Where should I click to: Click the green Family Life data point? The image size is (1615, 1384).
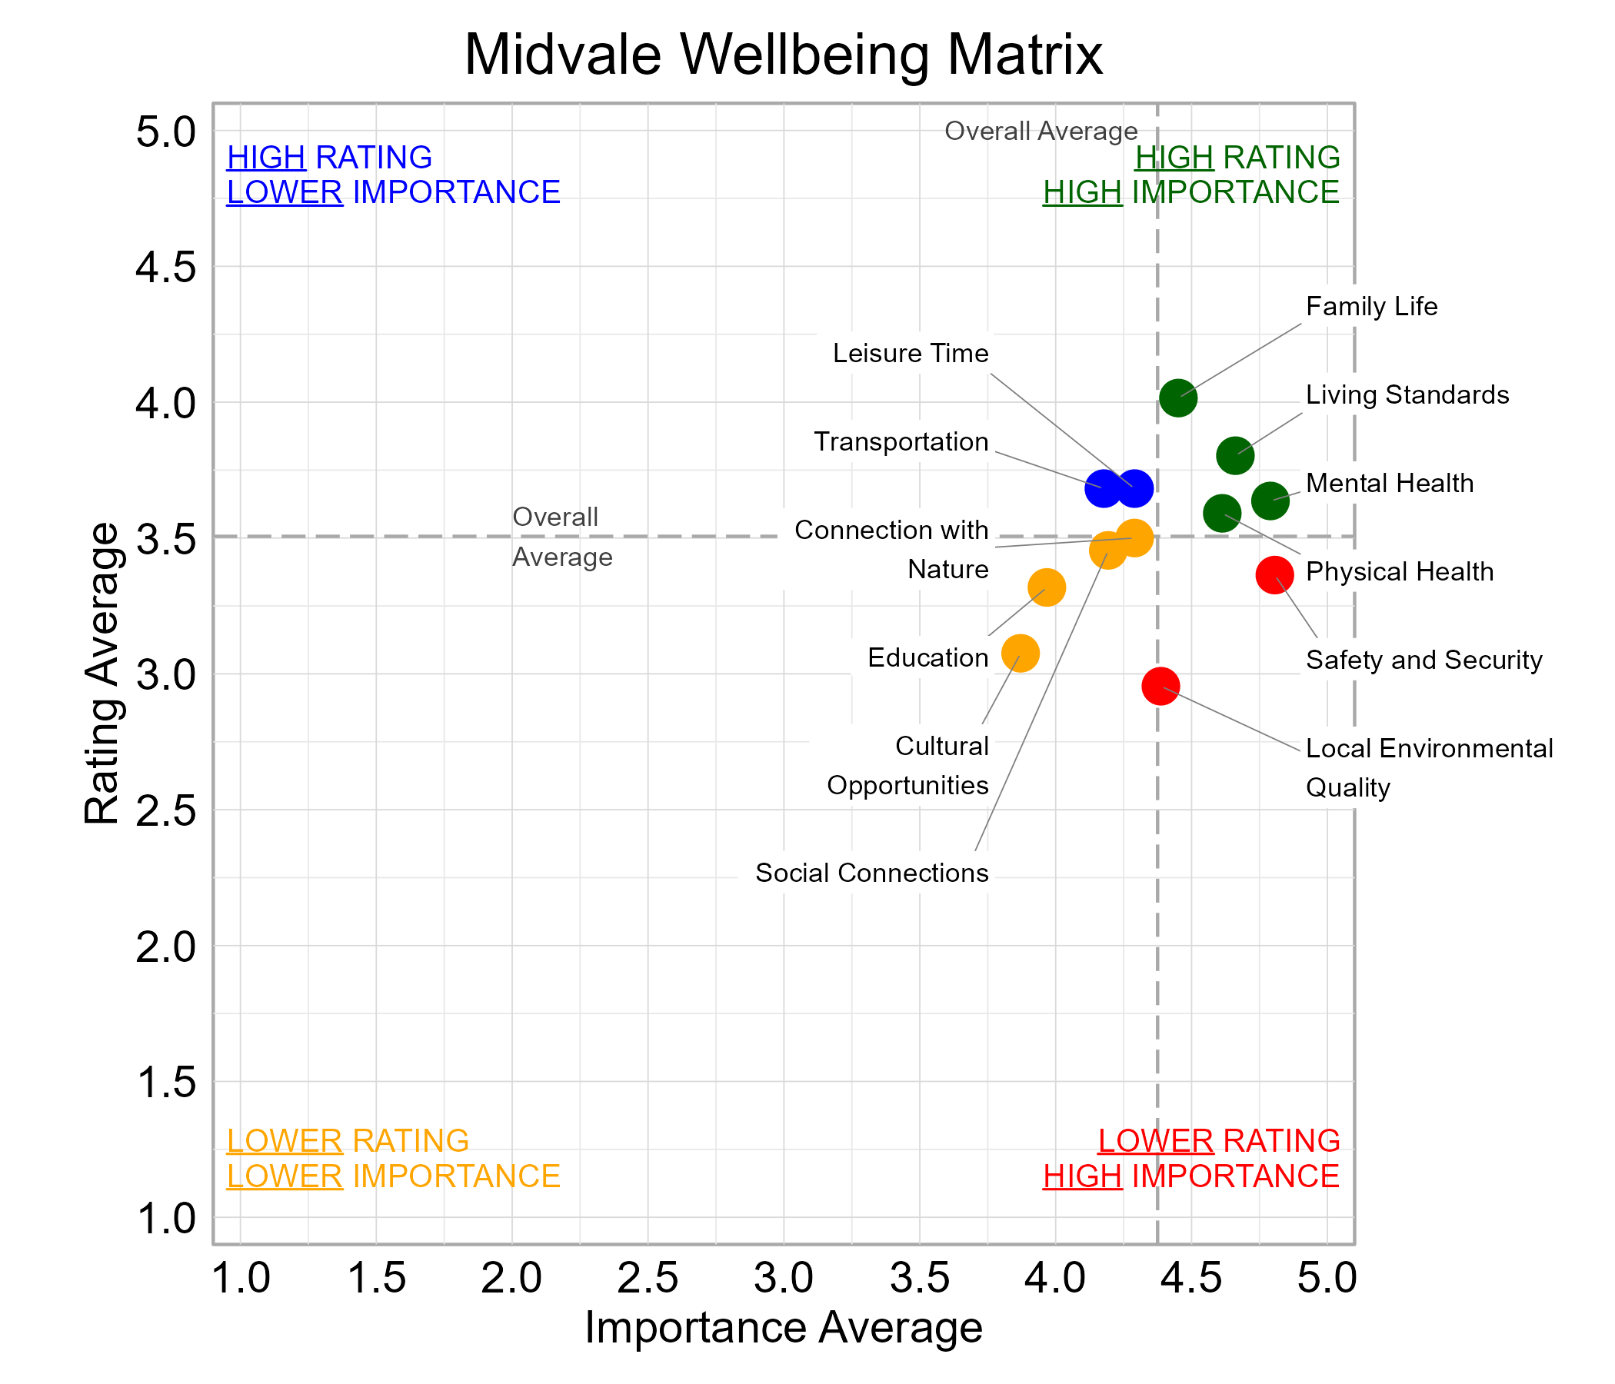click(1177, 398)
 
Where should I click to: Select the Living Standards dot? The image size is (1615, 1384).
click(1234, 455)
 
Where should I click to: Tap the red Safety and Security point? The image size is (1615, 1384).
click(1274, 575)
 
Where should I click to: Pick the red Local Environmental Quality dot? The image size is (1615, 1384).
click(1160, 687)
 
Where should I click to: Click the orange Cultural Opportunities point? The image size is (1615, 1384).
click(1021, 653)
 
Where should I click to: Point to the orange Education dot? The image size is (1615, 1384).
click(1047, 587)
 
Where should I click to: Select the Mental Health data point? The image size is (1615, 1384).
click(1270, 501)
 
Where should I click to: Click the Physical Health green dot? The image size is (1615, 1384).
click(1221, 514)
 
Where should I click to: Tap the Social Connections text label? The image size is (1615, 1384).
click(871, 873)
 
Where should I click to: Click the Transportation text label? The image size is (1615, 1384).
click(901, 442)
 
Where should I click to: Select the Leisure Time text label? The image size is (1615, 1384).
click(911, 353)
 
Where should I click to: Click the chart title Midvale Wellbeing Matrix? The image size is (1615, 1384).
click(784, 55)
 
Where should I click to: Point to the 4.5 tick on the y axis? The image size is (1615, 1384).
click(166, 268)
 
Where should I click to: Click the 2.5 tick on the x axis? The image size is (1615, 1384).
click(647, 1278)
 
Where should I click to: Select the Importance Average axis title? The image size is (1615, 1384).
click(784, 1328)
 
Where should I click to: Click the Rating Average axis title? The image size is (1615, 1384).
click(102, 674)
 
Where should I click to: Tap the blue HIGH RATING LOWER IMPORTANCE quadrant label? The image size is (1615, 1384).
click(393, 175)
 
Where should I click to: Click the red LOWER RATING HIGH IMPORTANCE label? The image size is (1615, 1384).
click(1191, 1158)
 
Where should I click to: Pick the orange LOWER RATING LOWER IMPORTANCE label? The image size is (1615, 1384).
click(393, 1158)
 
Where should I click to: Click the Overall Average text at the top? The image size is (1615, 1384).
click(1041, 131)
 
